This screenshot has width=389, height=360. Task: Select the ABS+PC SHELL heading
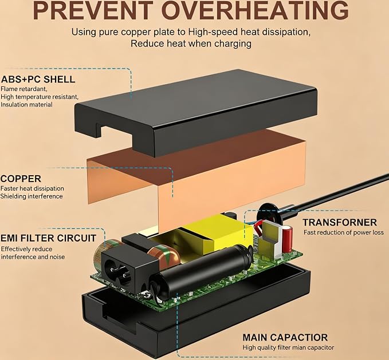[38, 80]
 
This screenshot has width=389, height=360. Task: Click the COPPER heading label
[21, 179]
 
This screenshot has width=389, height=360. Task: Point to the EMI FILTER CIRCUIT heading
[48, 238]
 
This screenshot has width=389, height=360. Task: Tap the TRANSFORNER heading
[340, 222]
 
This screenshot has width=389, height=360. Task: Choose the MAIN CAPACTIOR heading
[285, 338]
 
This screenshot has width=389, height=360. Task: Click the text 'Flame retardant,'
[24, 89]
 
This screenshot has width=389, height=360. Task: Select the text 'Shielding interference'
[32, 196]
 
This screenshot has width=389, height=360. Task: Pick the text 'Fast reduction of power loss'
[344, 232]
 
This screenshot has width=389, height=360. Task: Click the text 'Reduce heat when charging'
[191, 43]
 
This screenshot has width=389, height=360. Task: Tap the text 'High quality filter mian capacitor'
[288, 347]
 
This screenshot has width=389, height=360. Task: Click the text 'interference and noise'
[33, 256]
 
